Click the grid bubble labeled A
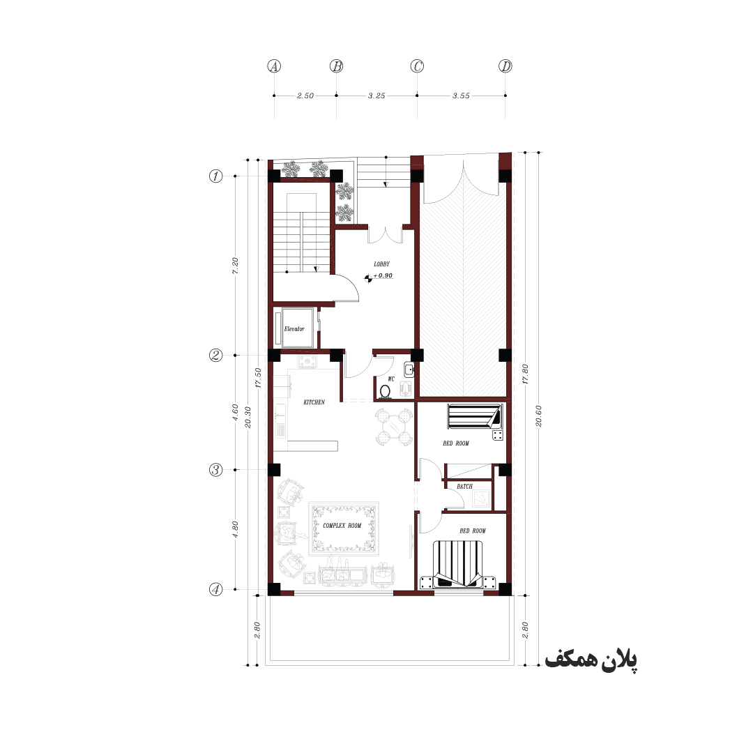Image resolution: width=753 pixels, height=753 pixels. point(274,66)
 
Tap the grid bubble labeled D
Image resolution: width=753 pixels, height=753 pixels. point(505,66)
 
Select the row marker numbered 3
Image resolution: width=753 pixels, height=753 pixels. point(215,470)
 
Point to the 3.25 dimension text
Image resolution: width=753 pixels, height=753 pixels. point(376,96)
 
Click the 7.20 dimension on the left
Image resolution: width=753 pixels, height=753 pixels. point(235,266)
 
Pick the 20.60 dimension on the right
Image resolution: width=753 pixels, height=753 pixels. point(538,416)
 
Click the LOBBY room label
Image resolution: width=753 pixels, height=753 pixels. point(382,264)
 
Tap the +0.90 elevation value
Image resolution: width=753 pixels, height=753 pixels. point(383,275)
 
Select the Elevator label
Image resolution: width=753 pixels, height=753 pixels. point(294,329)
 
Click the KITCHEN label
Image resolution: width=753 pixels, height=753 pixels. point(314,402)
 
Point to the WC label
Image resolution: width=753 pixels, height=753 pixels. point(391,379)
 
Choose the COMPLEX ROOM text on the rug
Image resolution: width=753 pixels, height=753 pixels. point(342,526)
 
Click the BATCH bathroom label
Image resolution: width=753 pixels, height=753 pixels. point(464,487)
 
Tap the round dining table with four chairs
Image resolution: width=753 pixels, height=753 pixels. point(394,427)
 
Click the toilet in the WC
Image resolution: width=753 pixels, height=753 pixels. point(385,392)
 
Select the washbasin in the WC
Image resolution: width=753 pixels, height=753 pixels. point(409,370)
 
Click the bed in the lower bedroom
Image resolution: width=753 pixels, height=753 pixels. point(458,565)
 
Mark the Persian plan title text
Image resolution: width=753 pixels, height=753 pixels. point(591,660)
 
